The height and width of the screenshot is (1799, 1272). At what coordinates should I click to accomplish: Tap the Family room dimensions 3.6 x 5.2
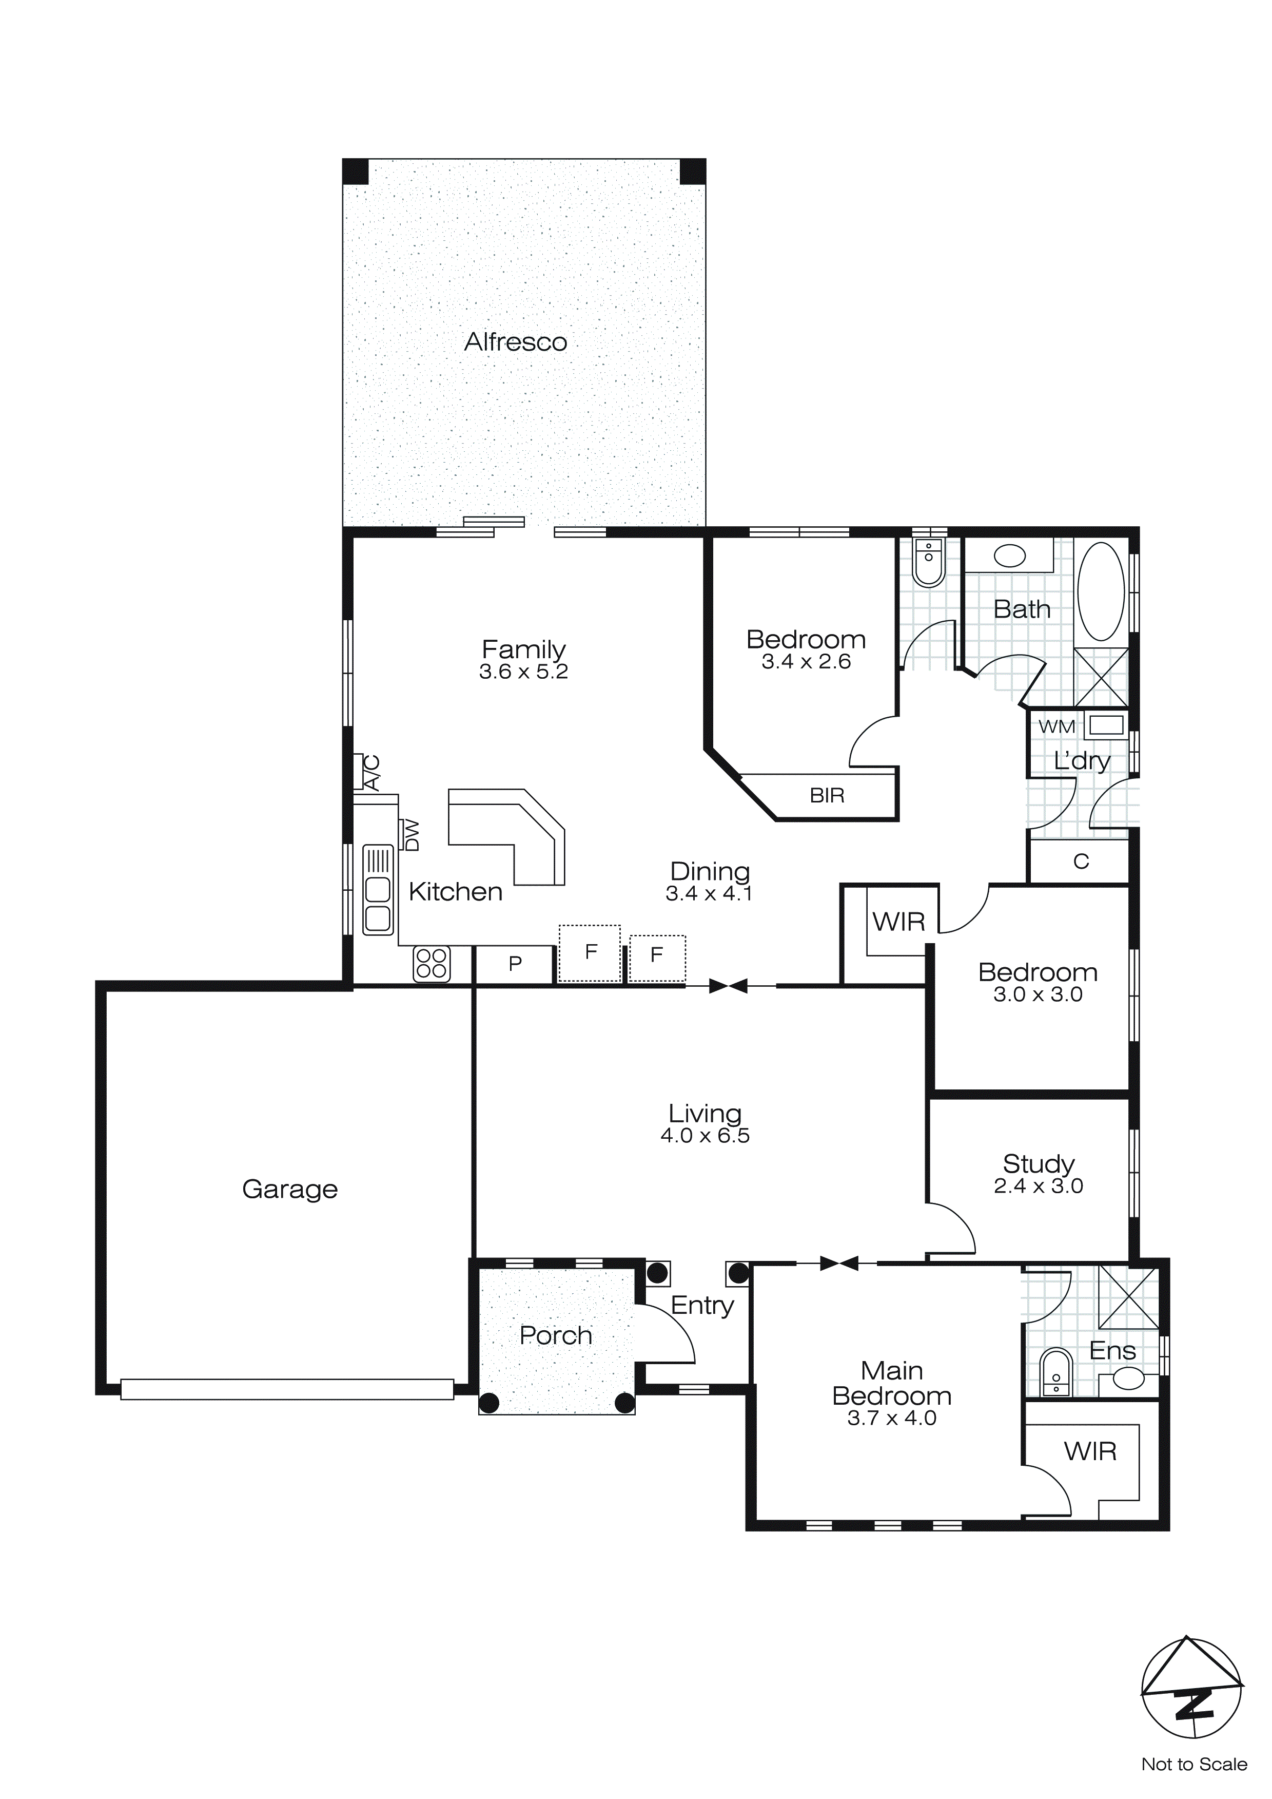pos(523,672)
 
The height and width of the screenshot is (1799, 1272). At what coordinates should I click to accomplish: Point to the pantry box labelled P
pos(515,964)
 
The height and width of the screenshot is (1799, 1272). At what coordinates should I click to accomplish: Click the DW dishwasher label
pos(411,835)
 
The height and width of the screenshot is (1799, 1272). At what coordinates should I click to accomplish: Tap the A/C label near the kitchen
pos(372,773)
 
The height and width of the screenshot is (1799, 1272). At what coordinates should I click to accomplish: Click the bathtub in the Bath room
pos(1101,592)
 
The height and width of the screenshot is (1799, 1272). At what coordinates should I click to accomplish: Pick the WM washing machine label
pos(1056,726)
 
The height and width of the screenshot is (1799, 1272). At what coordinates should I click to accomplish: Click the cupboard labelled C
pos(1081,862)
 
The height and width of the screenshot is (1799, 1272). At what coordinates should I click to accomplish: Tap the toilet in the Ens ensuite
pos(1056,1373)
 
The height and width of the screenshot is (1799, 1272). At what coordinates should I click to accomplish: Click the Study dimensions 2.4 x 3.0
pos(1038,1186)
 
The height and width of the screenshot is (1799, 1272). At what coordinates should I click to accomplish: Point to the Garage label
pos(290,1190)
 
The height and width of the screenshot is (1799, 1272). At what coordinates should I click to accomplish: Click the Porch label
pos(555,1335)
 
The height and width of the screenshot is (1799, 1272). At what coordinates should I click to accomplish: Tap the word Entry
pos(702,1306)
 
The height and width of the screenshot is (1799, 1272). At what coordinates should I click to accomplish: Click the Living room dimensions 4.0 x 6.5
pos(705,1136)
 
